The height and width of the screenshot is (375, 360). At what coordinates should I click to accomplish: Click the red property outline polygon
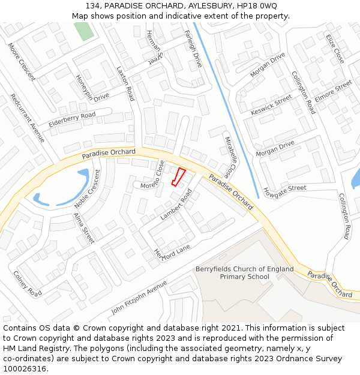pos(178,178)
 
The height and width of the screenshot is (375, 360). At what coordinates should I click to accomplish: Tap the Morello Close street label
pos(152,175)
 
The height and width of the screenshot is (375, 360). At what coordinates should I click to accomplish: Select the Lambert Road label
pos(176,205)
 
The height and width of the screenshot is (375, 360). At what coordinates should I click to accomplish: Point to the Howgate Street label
pos(284,190)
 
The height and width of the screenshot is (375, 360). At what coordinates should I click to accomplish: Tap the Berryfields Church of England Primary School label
pos(244,273)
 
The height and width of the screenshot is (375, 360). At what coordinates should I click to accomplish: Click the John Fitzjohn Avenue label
pos(139,297)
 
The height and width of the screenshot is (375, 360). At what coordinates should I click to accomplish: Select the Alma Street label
pos(84,228)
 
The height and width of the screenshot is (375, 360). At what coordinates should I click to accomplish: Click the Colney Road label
pos(27,284)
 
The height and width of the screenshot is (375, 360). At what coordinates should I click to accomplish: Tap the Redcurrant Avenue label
pos(28,119)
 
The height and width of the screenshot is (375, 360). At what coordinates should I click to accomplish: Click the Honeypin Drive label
pos(92,88)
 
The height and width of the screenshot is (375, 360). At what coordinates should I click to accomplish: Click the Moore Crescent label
pos(22,61)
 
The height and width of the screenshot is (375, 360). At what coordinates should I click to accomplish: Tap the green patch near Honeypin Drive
pos(83,31)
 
